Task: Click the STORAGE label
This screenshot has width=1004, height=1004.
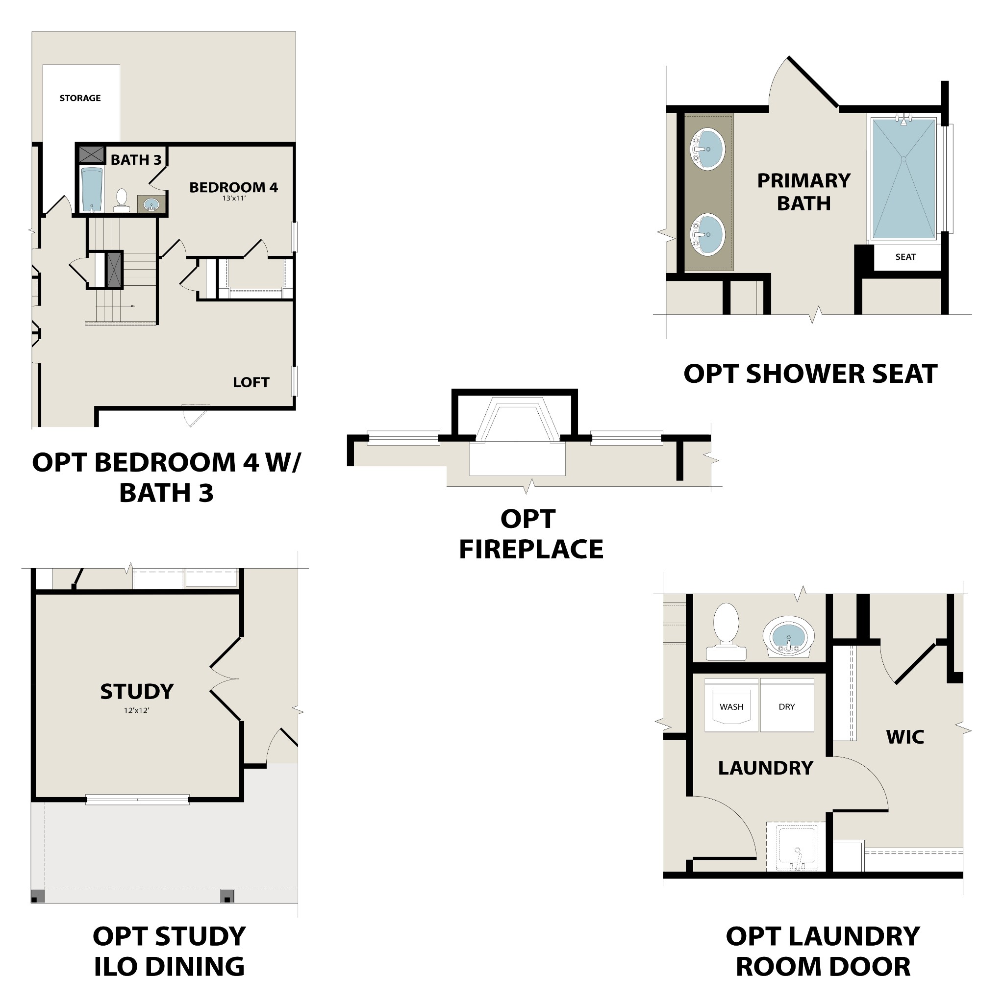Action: click(x=80, y=98)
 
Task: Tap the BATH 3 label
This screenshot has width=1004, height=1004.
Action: click(x=136, y=160)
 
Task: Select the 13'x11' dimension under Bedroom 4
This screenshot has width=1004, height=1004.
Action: click(x=234, y=199)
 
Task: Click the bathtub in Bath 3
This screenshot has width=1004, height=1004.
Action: click(x=93, y=189)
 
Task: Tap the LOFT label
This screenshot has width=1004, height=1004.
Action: click(x=251, y=383)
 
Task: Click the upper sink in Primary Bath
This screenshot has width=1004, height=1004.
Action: click(x=707, y=150)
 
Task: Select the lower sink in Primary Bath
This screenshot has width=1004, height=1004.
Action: click(x=707, y=235)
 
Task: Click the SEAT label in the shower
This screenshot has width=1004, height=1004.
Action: click(x=906, y=257)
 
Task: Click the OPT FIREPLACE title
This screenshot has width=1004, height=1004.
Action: click(x=530, y=534)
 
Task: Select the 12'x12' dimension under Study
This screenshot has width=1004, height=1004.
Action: click(x=137, y=710)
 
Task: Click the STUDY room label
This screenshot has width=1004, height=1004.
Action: click(x=137, y=692)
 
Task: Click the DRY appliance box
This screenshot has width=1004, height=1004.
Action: click(x=787, y=707)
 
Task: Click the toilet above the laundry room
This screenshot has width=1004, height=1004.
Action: click(x=726, y=631)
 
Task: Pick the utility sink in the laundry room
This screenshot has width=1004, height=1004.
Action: click(x=796, y=850)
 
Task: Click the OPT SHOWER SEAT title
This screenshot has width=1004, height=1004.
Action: click(x=810, y=374)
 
